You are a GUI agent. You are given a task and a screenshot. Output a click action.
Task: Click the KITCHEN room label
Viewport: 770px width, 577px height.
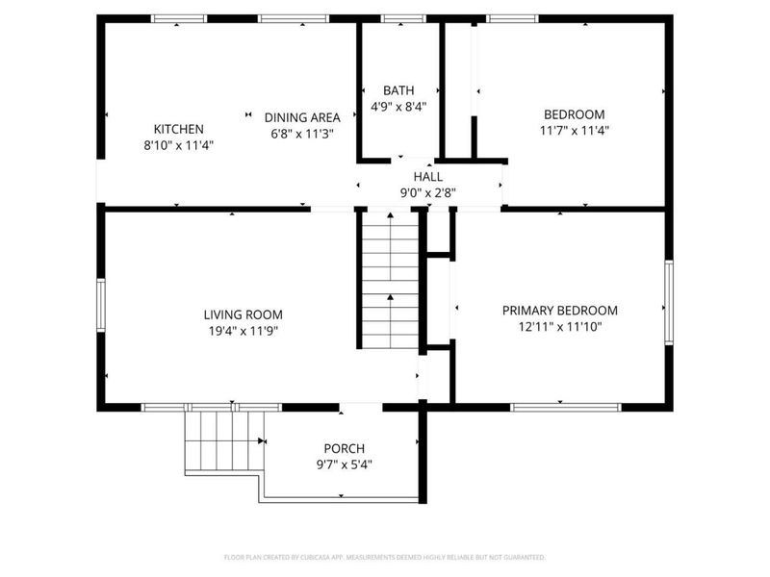point(178,129)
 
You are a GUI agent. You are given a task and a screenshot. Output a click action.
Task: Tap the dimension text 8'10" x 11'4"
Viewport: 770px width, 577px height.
point(178,146)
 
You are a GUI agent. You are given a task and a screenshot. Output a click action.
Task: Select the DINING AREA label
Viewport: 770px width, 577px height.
point(302,117)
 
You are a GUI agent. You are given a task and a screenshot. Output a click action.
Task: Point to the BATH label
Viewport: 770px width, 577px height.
point(398,90)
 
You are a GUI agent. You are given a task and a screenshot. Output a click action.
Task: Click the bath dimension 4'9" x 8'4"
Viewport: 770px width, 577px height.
point(398,108)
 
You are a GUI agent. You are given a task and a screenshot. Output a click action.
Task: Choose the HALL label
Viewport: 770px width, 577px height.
point(428,177)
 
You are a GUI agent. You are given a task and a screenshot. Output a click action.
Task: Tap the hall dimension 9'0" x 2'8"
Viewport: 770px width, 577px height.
point(428,192)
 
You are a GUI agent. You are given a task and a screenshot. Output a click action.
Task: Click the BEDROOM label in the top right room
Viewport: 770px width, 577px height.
point(575,113)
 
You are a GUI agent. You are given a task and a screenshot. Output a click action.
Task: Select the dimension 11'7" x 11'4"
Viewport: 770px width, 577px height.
point(575,130)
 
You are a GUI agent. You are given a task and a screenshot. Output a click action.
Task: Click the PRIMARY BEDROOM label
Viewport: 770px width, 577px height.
point(560,311)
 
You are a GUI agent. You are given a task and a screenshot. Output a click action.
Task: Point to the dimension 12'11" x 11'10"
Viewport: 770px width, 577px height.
point(560,327)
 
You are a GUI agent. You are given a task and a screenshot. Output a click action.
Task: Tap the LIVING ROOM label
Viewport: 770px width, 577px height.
point(243,314)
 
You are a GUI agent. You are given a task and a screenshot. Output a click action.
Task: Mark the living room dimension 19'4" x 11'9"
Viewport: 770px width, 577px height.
point(243,331)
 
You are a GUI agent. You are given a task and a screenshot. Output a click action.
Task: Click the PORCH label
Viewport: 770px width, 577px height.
point(344,448)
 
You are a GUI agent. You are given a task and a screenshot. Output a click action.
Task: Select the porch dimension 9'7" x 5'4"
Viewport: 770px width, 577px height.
point(344,464)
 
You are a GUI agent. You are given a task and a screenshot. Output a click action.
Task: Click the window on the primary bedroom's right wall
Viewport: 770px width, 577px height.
point(667,307)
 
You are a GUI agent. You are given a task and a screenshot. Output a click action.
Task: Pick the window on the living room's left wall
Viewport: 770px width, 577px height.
point(100,306)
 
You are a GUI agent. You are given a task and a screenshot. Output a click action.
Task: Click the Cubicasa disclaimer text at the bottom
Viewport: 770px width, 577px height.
point(385,557)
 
